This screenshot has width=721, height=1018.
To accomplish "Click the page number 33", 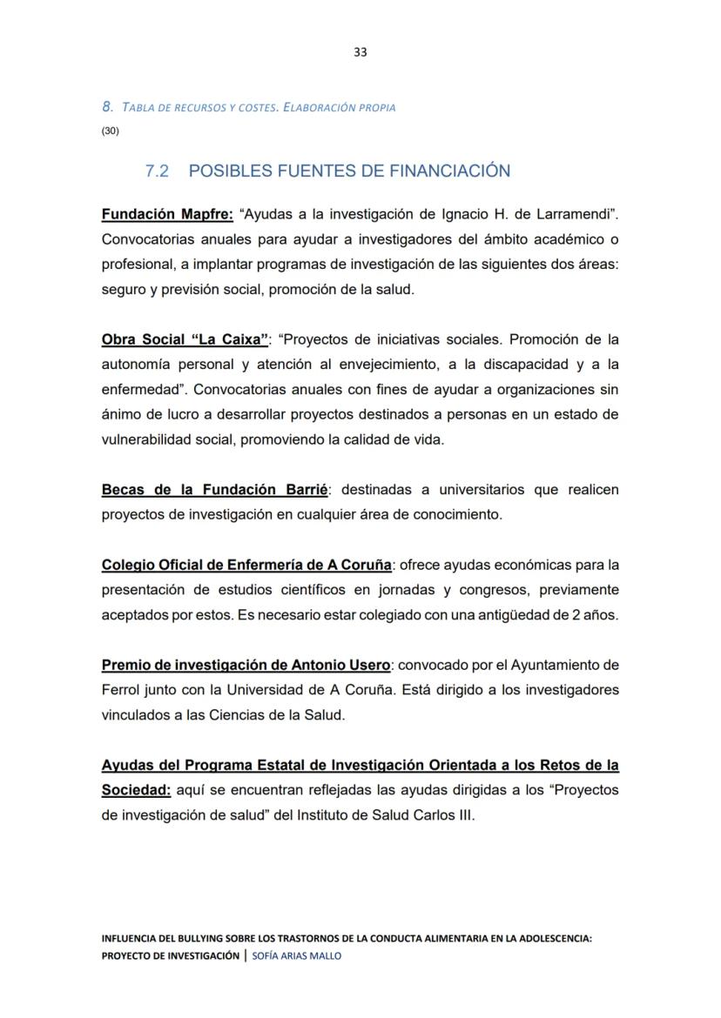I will tap(360, 52).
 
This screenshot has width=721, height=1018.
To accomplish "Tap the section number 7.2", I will tap(157, 171).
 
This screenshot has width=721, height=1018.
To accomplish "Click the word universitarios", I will tap(474, 490).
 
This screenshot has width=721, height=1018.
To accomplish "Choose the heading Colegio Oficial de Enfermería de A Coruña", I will tap(246, 566).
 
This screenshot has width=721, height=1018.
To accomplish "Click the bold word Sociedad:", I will tap(135, 791).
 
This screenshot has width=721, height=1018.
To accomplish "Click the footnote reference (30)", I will tap(111, 131).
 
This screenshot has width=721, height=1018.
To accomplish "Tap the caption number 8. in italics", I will tap(108, 107).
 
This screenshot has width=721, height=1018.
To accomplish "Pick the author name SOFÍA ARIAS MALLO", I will tap(296, 955).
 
